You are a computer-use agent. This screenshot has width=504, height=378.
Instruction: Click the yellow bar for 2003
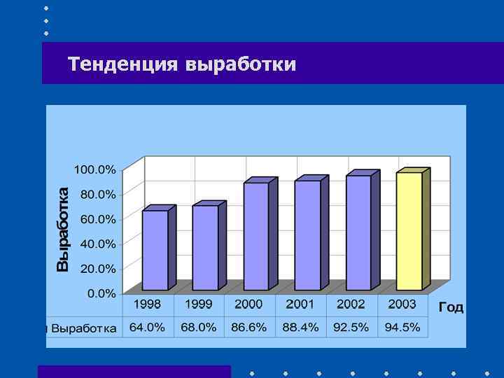[x=409, y=231]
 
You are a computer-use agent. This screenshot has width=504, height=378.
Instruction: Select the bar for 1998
[x=155, y=250]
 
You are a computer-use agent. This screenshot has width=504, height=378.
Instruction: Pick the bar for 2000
[x=256, y=236]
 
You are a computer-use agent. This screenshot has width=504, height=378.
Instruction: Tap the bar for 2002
[x=358, y=232]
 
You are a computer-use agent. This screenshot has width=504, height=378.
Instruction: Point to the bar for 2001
[x=307, y=235]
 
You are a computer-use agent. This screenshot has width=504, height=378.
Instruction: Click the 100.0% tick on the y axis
[x=95, y=169]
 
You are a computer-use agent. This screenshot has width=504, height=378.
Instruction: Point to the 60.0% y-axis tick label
[x=98, y=219]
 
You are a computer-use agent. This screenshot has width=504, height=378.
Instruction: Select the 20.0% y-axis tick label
[x=98, y=269]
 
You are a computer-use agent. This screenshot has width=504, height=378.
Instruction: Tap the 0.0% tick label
[x=101, y=294]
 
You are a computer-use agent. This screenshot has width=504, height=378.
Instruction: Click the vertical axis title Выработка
[x=63, y=228]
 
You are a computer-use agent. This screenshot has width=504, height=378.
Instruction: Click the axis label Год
[x=451, y=307]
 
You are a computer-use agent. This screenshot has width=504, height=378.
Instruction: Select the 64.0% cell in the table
[x=148, y=328]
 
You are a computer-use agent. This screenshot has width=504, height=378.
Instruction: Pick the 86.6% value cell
[x=249, y=328]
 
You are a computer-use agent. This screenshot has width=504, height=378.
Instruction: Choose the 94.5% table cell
[x=402, y=328]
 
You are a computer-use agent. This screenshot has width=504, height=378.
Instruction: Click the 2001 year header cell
[x=300, y=304]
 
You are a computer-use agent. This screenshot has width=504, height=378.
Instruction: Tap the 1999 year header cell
[x=199, y=304]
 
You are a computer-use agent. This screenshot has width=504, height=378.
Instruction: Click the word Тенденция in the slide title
[x=123, y=64]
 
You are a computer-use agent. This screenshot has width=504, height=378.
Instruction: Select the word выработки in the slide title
[x=241, y=64]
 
